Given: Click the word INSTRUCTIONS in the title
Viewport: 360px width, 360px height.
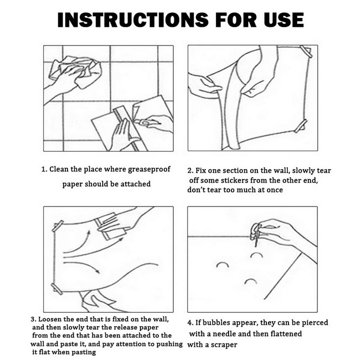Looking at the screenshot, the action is coord(133,20).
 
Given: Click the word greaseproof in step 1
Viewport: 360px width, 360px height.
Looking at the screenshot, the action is coord(149,169).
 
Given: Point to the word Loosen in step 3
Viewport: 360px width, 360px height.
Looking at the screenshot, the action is coord(50,319).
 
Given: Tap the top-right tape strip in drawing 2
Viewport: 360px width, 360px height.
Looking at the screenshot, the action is coord(306,52).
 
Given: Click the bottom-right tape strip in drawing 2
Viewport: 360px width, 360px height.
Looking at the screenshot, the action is coord(301,126).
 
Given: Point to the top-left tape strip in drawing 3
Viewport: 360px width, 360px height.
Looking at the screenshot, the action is coord(58,226).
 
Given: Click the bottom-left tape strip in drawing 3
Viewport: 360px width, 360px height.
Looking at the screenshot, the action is coord(57,288).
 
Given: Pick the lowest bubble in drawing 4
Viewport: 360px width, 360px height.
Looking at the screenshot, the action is coord(251,280).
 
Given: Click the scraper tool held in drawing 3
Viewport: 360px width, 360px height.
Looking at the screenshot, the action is coord(111,226).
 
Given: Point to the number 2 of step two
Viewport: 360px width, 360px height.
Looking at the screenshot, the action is coord(189,171).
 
